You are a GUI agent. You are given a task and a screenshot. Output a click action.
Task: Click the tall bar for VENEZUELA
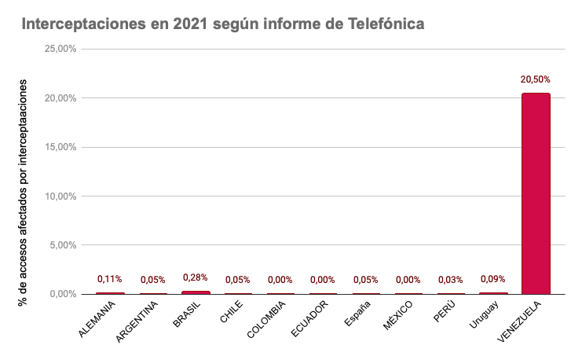[x=536, y=193]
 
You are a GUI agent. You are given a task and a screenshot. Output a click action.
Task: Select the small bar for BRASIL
[x=196, y=292]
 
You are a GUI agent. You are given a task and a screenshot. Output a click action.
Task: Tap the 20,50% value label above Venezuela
[x=536, y=79]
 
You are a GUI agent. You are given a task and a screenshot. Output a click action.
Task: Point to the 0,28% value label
[x=196, y=277]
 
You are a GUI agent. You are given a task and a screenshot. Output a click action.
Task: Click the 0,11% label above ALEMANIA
[x=110, y=279]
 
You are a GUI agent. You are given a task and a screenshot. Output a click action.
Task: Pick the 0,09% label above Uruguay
[x=492, y=279]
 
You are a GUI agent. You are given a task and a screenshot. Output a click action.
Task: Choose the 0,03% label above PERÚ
[x=450, y=280]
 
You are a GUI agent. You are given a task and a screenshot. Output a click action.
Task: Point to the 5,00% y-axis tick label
[x=62, y=245]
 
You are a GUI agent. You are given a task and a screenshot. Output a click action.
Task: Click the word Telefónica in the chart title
[x=386, y=24]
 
